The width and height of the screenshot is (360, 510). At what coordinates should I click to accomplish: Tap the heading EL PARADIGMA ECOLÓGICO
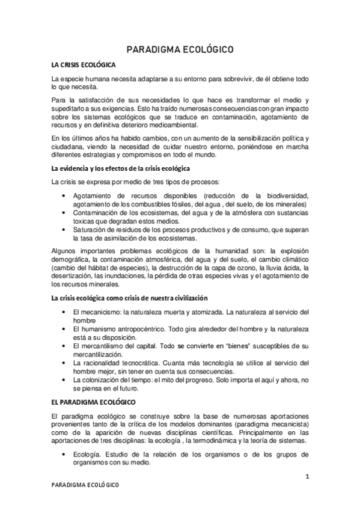point(93,401)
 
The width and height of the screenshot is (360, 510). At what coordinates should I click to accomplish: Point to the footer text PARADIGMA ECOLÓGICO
point(85,485)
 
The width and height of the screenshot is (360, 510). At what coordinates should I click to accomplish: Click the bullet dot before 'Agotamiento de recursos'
point(64,196)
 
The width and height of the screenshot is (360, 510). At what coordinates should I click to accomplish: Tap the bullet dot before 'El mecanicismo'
point(64,312)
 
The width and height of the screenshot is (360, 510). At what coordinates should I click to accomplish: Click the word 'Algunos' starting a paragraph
point(65,250)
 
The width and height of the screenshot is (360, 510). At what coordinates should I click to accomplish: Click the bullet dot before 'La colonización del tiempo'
point(64,380)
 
